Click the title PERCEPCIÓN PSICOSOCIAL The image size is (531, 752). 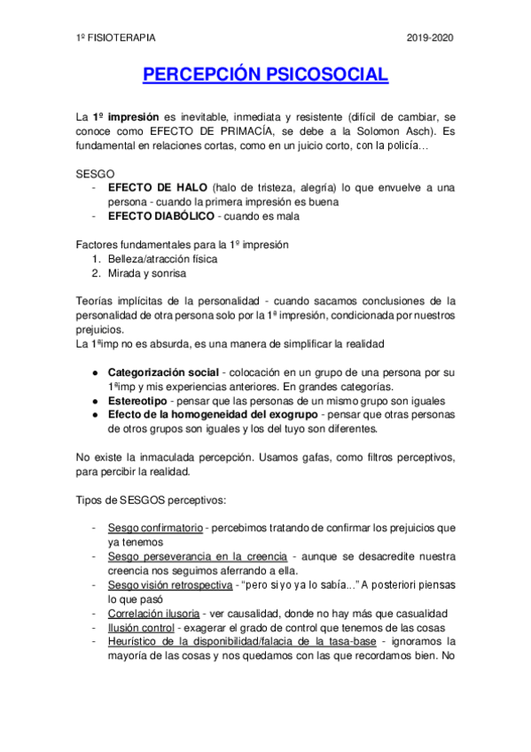click(x=265, y=74)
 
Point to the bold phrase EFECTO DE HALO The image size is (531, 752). click(x=157, y=187)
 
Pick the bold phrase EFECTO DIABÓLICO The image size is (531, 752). click(x=160, y=215)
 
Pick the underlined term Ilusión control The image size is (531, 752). click(x=139, y=628)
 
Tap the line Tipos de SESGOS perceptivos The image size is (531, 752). click(x=143, y=499)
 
